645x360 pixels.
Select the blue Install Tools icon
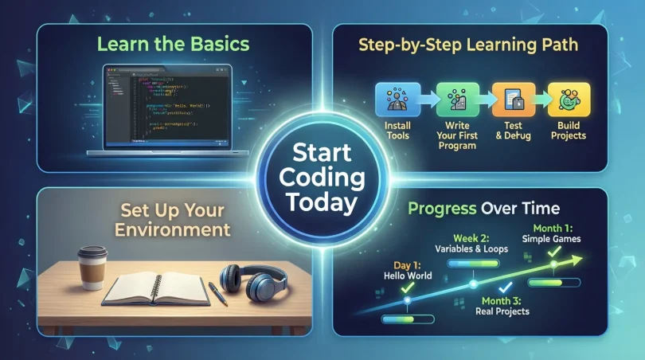[x=392, y=100]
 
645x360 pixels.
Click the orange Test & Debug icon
[x=509, y=100]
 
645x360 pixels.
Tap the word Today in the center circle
[x=322, y=202]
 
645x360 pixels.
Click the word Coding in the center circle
[x=322, y=177]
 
